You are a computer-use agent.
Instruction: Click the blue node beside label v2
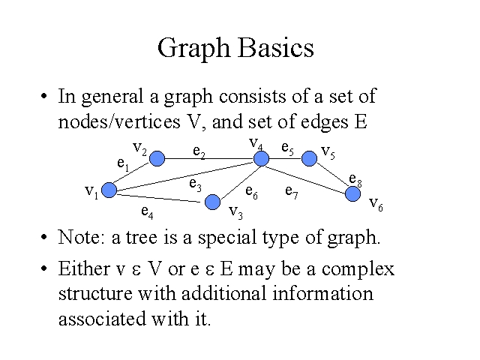(157, 158)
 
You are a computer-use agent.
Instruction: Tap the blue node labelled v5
(308, 158)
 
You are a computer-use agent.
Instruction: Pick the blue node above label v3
(213, 201)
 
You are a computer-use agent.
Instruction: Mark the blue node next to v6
(353, 193)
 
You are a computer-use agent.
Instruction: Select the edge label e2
(199, 152)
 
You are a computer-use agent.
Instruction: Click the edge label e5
(287, 148)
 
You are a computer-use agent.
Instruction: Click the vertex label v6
(376, 204)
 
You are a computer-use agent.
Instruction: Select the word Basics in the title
(277, 48)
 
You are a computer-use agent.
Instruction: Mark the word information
(322, 294)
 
